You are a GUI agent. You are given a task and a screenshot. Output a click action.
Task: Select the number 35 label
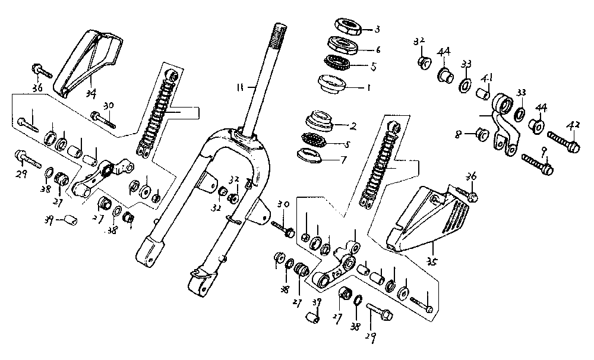point(433,260)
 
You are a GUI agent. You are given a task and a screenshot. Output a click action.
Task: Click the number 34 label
point(91,93)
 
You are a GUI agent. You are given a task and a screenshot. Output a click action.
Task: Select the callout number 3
point(376,29)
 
